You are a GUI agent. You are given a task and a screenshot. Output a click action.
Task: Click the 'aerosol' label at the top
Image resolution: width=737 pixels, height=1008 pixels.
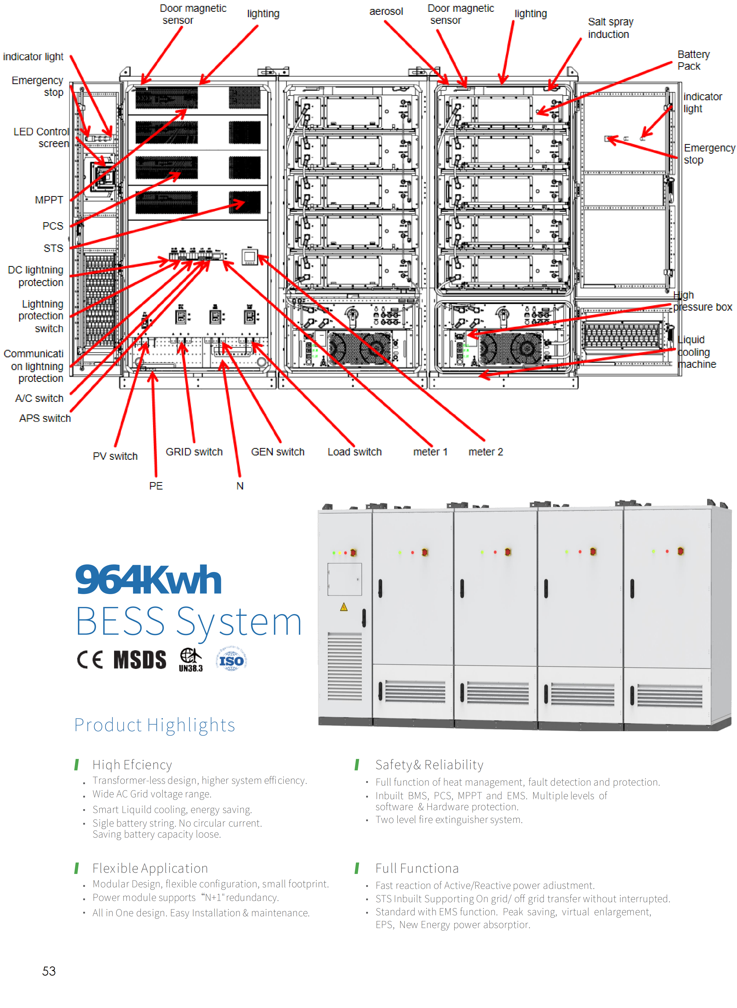(x=386, y=12)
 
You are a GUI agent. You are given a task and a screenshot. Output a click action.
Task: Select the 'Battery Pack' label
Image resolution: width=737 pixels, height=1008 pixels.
(x=693, y=60)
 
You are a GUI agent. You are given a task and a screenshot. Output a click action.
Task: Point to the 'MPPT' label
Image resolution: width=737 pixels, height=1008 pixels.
(x=49, y=200)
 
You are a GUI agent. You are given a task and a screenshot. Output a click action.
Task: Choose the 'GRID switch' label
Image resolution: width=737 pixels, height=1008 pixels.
(x=194, y=452)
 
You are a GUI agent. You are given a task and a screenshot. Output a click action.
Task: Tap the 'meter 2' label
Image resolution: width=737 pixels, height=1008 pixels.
(x=485, y=452)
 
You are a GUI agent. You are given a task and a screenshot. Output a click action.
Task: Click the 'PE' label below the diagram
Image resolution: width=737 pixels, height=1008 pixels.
(x=156, y=486)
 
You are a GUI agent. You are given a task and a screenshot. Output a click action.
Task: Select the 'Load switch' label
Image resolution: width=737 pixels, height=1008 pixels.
(x=355, y=452)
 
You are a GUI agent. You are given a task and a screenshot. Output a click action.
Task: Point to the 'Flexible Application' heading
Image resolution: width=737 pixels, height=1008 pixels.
(x=150, y=868)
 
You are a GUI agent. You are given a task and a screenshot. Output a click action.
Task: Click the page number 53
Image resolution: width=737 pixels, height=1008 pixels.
(x=49, y=971)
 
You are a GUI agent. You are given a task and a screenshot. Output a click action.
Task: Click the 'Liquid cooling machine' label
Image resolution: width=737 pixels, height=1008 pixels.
(x=696, y=352)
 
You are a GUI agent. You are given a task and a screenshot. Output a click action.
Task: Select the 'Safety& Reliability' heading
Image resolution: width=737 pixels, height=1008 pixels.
(x=429, y=765)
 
